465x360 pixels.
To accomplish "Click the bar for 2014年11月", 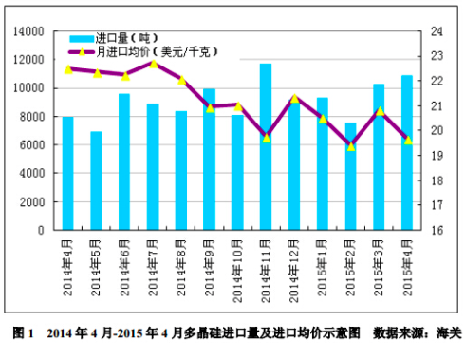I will [x=266, y=147].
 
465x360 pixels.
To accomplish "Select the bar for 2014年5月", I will [x=96, y=180].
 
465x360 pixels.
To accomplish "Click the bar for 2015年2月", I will [x=350, y=176].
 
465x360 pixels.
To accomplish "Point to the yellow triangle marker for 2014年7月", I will [x=153, y=63].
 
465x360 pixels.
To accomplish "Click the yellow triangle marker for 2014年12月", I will [x=294, y=98].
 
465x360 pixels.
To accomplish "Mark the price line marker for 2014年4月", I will [x=68, y=68].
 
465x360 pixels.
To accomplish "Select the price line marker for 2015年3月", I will [x=379, y=111].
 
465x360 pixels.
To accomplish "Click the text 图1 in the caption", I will [x=23, y=333].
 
